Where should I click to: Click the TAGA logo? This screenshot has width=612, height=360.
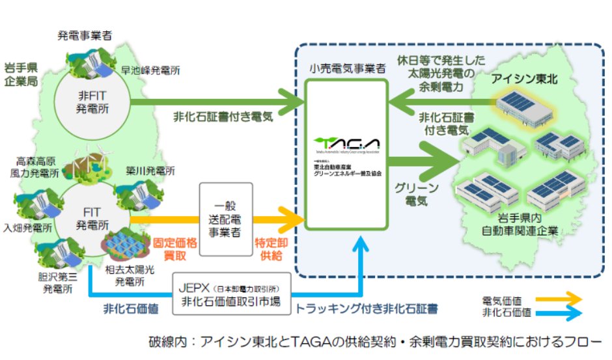tap(346, 144)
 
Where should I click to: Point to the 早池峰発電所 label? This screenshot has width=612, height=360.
tap(146, 68)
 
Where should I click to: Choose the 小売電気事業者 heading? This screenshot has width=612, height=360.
tap(347, 69)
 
